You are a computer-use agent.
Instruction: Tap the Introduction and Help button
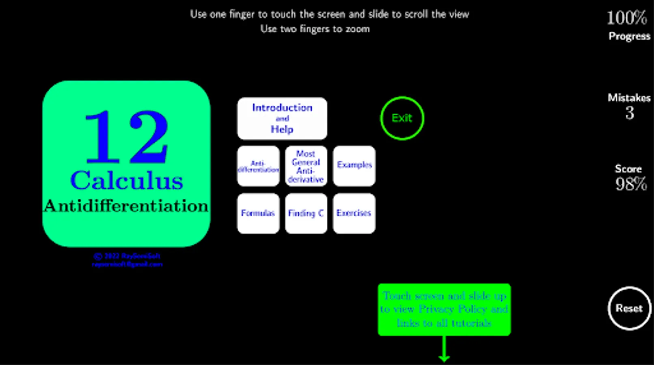point(282,118)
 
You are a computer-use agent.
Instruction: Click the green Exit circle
point(402,118)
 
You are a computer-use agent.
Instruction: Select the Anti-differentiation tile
point(258,166)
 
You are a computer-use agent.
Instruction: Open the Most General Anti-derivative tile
point(306,166)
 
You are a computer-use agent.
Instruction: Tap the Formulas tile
point(258,213)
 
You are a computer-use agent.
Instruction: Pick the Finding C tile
point(306,213)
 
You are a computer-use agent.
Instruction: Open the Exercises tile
point(354,213)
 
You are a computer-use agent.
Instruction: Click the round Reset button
point(629,308)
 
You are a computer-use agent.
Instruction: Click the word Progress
point(629,36)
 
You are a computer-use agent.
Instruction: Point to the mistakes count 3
point(630,113)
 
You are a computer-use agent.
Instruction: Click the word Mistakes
point(629,98)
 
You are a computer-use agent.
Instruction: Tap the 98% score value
point(631,184)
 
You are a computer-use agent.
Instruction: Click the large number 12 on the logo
point(126,137)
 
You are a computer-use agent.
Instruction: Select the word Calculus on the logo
point(126,180)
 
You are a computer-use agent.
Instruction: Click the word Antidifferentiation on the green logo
point(126,206)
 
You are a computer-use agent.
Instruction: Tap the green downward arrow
point(444,350)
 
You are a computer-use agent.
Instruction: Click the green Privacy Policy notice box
point(444,309)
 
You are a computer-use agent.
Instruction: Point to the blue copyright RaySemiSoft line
point(127,256)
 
